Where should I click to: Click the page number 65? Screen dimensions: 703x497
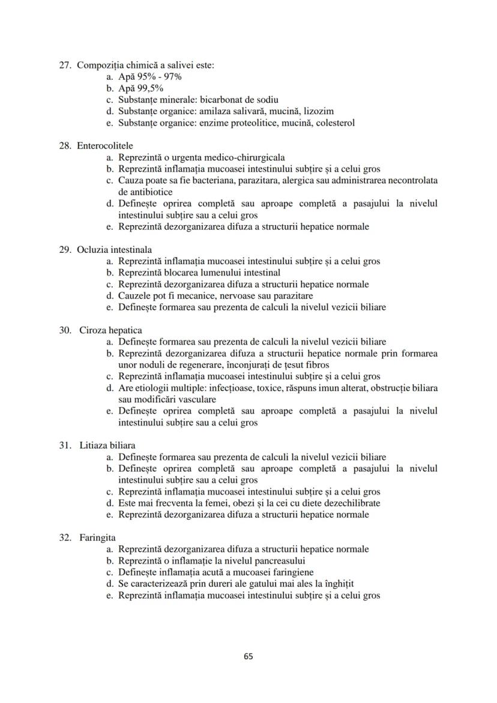tap(248, 656)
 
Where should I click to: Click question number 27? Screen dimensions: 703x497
tap(65, 65)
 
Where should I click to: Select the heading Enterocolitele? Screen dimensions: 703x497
tap(105, 146)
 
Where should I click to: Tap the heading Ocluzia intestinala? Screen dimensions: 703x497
tap(114, 250)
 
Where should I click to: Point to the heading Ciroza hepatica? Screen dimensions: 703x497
tap(110, 330)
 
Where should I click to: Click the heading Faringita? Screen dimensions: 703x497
tap(97, 537)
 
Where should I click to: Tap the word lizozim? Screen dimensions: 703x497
tap(319, 111)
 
